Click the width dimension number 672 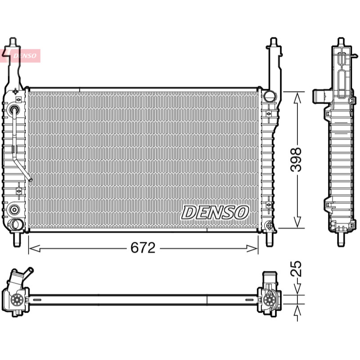point(143,248)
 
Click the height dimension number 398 point(296,160)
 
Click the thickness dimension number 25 point(296,268)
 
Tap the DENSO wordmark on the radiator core point(215,212)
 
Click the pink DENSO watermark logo point(20,56)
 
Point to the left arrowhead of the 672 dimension point(35,248)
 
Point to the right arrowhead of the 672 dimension point(252,248)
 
